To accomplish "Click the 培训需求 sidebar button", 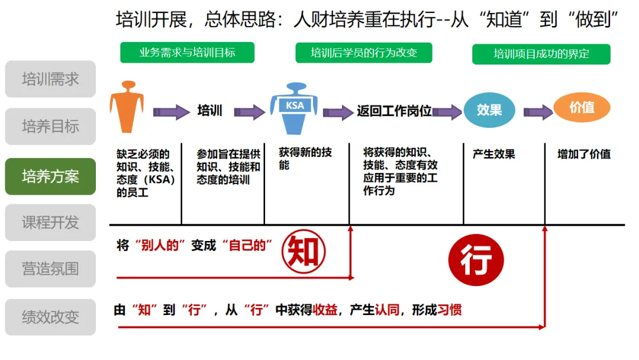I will coord(50,79).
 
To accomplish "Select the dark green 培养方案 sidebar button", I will coord(50,176).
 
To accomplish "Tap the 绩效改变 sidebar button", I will coord(50,317).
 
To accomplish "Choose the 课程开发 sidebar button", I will coord(50,223).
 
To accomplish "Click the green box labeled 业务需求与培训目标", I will coord(187,53).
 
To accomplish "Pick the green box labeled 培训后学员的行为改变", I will coord(364,53).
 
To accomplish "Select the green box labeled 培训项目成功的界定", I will coord(541,54).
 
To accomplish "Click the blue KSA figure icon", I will coord(294,110).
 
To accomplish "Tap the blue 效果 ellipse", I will coord(489,110).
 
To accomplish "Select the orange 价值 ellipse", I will coord(582,108).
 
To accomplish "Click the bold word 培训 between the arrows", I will coord(209,111).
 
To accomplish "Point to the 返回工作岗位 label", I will coord(394,111).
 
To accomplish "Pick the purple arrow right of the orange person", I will coord(172,112).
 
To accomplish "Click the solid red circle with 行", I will coord(476,261).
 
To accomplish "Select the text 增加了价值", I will coord(583,155).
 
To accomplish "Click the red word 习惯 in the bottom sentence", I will coord(448,310).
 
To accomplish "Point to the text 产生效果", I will coord(493,155).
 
